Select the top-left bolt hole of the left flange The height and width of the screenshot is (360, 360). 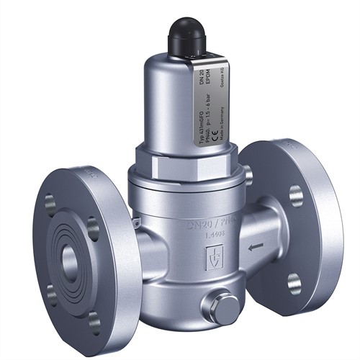coord(49,203)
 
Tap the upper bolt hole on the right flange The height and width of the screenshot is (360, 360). coord(297,194)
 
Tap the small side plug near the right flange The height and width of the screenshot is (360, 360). coord(248,174)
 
